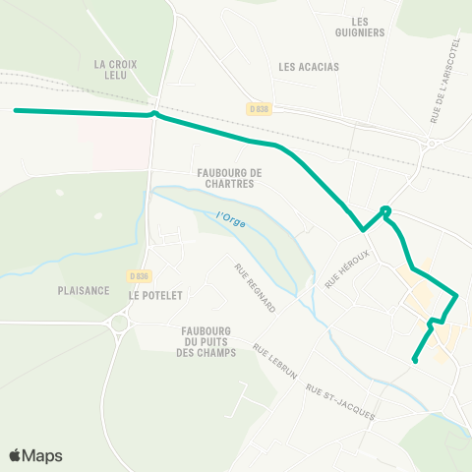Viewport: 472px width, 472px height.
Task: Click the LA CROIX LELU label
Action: coord(115,69)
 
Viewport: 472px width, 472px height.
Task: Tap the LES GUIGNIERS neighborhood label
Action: coord(367,27)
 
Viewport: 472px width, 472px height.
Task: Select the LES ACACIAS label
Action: coord(309,67)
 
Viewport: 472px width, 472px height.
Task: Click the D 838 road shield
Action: coord(258,109)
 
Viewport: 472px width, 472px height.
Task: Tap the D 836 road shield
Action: coord(141,276)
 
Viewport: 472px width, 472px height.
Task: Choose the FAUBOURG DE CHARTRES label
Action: coord(225,177)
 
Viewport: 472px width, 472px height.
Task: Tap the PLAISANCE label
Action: coord(82,291)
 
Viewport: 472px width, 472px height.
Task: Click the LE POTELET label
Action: coord(156,294)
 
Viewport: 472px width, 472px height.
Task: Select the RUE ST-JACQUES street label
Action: coord(341,401)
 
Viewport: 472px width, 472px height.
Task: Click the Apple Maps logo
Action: coord(35,455)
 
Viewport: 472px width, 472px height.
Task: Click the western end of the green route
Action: coord(17,110)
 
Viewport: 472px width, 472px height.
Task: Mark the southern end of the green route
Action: coord(415,360)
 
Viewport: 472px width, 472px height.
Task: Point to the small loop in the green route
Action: coord(385,210)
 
